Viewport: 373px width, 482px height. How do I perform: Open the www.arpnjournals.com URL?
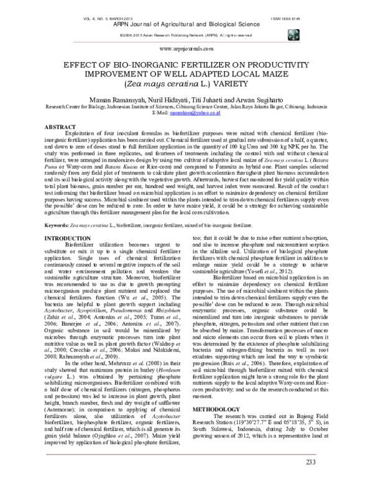coord(186,48)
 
